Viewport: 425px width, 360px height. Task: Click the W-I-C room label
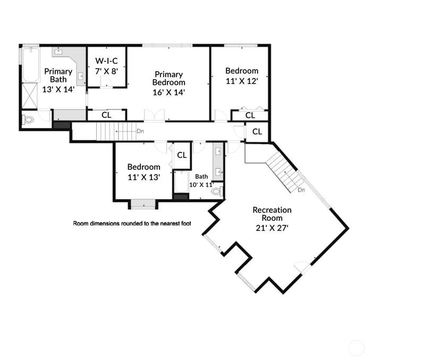(x=107, y=61)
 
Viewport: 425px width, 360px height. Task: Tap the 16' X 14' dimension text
(x=168, y=92)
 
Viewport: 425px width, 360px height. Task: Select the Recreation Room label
(x=272, y=214)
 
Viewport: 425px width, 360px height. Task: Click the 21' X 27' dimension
(x=272, y=228)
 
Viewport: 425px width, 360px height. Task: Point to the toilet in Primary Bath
(x=28, y=119)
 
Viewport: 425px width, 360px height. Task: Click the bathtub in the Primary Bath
(x=31, y=65)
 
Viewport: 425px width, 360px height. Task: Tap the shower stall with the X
(x=30, y=96)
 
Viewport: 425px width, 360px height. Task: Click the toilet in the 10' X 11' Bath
(x=217, y=191)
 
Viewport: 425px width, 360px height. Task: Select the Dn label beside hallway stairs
(x=140, y=131)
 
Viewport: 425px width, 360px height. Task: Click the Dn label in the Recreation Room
(x=301, y=190)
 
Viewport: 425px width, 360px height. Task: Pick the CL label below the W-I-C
(x=106, y=115)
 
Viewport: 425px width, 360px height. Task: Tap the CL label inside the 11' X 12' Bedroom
(x=250, y=115)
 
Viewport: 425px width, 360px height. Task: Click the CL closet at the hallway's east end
(x=257, y=132)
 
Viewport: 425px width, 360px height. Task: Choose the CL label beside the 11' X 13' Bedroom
(x=182, y=155)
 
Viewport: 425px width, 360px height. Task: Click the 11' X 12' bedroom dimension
(x=242, y=81)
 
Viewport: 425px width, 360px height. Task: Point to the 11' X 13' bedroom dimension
(x=143, y=177)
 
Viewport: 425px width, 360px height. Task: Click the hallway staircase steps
(x=116, y=131)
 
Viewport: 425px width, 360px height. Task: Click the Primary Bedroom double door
(x=155, y=115)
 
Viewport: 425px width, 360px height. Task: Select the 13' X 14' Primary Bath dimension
(x=58, y=89)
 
